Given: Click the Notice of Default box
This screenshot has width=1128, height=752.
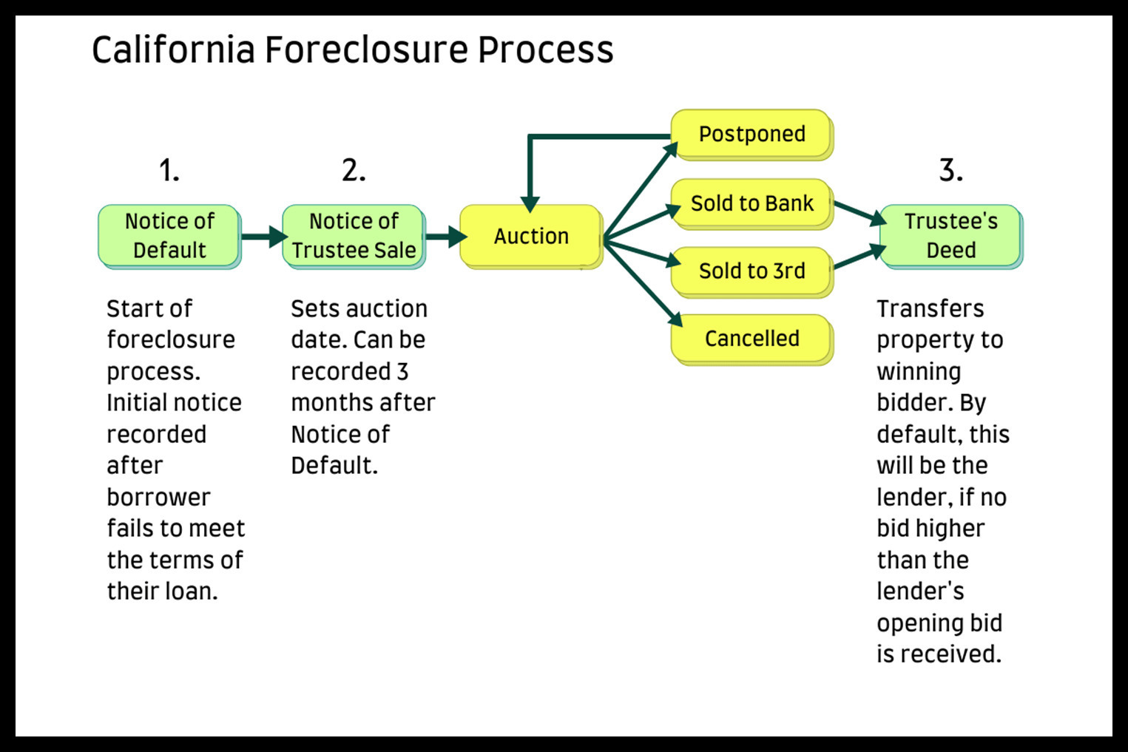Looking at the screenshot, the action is coord(169,237).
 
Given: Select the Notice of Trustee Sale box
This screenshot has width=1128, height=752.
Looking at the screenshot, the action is coord(354,237).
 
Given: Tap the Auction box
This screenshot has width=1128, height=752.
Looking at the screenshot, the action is coord(531,237).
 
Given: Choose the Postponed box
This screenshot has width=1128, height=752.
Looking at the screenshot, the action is coord(752,135).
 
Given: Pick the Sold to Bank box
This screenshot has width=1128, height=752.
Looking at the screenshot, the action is coord(752,204).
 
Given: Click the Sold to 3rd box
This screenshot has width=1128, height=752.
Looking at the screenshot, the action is coord(752,272).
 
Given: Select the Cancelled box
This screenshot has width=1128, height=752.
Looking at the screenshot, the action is coord(752,339).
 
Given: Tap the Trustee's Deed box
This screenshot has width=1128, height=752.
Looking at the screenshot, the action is coord(951,237).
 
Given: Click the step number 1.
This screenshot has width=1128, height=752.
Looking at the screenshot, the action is coord(169,170).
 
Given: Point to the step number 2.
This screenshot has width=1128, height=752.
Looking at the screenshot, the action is coord(354,170).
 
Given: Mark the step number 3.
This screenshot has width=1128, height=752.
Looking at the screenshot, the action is coord(950,170).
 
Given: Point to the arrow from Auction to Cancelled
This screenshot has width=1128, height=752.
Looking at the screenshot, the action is coord(643,283).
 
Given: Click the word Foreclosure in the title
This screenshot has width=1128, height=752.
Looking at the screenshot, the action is coord(366,50).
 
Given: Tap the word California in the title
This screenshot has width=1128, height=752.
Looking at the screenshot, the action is coord(173,50).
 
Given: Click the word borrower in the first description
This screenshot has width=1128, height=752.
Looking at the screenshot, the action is coord(158,498).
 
